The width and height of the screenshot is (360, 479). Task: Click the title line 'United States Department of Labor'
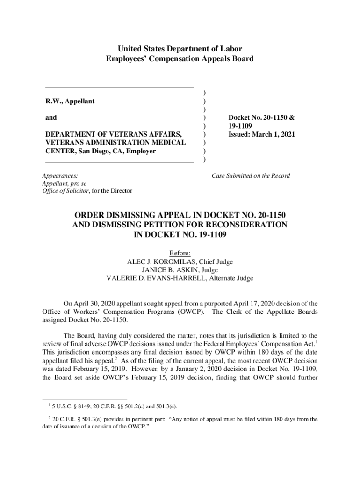tap(180, 49)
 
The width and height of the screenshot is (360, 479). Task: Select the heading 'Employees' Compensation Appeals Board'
tap(180, 59)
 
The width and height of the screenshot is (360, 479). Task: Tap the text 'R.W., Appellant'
tap(70, 102)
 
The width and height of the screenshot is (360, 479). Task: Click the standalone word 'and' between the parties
tap(51, 118)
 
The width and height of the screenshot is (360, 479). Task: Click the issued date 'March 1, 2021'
tap(274, 134)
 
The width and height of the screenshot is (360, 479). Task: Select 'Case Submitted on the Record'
tap(251, 176)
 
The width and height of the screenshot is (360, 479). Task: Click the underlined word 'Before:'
tap(180, 254)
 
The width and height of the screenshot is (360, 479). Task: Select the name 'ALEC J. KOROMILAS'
tap(155, 262)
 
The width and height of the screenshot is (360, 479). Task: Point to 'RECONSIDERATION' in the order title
tap(239, 225)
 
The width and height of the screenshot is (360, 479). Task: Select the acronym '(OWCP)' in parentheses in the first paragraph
tap(189, 312)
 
